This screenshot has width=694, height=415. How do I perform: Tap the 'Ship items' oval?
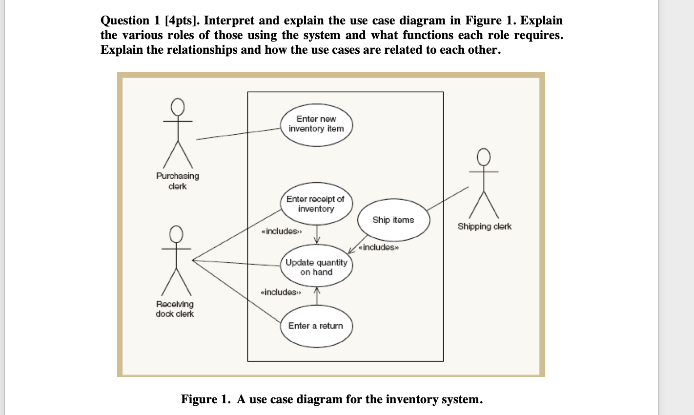393,220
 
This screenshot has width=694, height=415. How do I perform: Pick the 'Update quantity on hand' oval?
316,267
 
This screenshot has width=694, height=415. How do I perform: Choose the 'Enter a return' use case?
316,326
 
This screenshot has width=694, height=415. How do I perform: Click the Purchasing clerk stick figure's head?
178,106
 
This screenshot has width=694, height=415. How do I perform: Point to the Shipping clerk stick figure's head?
484,157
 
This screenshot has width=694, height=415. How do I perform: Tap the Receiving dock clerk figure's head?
177,234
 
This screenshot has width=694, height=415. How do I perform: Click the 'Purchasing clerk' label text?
178,181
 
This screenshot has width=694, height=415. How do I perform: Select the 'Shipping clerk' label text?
485,227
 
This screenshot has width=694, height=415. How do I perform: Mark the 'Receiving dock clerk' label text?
175,309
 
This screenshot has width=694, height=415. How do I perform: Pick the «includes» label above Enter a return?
281,292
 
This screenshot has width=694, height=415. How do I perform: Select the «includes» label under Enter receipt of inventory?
282,231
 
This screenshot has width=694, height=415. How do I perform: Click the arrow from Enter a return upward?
317,296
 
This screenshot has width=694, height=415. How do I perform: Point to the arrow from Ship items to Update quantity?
358,245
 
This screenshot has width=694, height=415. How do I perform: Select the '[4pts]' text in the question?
183,21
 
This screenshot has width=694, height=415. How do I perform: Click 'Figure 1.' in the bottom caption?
205,399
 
